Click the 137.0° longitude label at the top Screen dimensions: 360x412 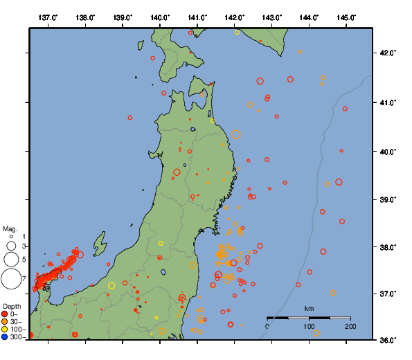click(x=48, y=17)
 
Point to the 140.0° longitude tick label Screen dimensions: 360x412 click(x=160, y=17)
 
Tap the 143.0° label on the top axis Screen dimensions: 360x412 click(x=272, y=17)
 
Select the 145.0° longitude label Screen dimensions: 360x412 click(x=347, y=17)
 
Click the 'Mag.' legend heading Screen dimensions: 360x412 click(x=10, y=228)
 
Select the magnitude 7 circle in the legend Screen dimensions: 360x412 click(x=11, y=279)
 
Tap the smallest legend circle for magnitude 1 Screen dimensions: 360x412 click(x=11, y=237)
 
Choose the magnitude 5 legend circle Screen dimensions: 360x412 click(x=11, y=260)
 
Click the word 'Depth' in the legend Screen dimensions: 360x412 click(x=12, y=306)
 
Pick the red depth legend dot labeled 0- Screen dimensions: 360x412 click(x=5, y=314)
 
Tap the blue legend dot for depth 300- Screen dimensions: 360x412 click(x=5, y=337)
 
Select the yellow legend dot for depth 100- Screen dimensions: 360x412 click(x=5, y=330)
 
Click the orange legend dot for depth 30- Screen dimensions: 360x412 click(x=5, y=321)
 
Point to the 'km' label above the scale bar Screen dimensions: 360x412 click(x=309, y=308)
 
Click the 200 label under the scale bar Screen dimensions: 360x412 click(x=350, y=326)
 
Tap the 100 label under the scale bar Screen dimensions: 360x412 click(x=309, y=326)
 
